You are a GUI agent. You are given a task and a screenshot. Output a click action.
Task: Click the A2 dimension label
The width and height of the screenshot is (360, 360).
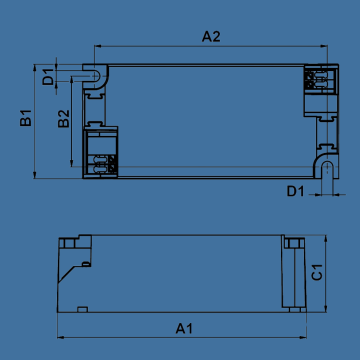click(x=211, y=37)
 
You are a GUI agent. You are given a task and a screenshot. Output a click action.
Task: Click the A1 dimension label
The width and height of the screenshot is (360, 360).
click(x=184, y=329)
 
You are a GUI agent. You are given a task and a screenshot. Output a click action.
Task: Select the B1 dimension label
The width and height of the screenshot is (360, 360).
click(x=26, y=118)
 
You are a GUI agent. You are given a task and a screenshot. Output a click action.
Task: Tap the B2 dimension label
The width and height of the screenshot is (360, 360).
click(x=64, y=119)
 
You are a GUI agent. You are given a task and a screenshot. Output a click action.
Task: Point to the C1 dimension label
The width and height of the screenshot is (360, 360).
click(x=317, y=272)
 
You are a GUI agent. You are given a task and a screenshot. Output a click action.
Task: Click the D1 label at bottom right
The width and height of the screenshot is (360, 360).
click(x=296, y=192)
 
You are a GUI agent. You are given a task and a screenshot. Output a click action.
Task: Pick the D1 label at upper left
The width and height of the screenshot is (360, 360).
click(x=48, y=77)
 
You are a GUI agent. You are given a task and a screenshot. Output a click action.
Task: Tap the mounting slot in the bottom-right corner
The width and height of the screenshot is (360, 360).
click(x=328, y=170)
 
